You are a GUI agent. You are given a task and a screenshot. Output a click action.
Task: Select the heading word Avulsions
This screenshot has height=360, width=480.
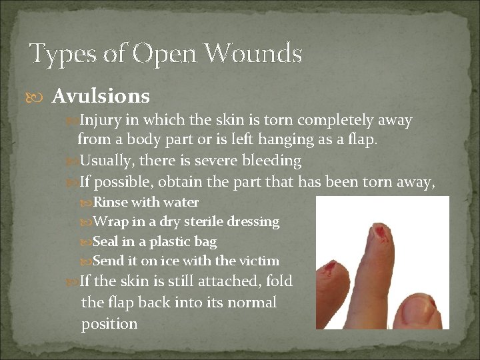tap(101, 97)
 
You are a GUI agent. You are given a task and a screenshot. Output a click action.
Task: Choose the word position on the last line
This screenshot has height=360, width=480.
tap(109, 324)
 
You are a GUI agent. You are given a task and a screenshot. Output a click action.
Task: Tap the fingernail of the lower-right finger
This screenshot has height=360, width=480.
tap(421, 307)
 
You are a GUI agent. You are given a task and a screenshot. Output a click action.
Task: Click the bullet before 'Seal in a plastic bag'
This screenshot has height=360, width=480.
tap(87, 241)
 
